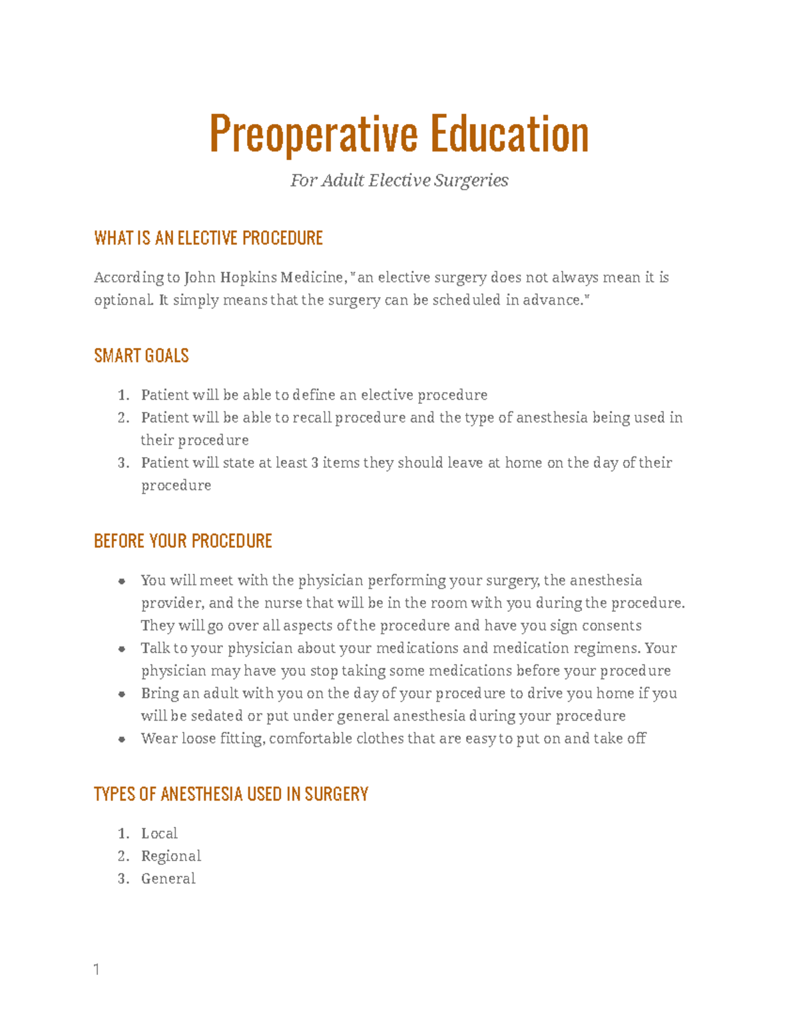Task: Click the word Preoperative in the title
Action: (314, 134)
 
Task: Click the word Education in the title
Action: (509, 134)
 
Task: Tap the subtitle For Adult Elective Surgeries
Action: (399, 181)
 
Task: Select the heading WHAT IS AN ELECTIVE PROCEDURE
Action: (208, 238)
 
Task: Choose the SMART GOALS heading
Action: (141, 356)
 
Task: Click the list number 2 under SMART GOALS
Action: (123, 418)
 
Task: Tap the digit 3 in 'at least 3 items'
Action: (314, 463)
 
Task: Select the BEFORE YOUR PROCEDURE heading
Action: (183, 540)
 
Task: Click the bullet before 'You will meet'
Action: (122, 581)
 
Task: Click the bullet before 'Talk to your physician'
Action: (122, 649)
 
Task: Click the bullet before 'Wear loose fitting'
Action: (122, 739)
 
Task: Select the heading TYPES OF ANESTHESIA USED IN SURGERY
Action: (231, 794)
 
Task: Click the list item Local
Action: (159, 834)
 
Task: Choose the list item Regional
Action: (171, 856)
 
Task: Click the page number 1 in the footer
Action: (97, 970)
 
